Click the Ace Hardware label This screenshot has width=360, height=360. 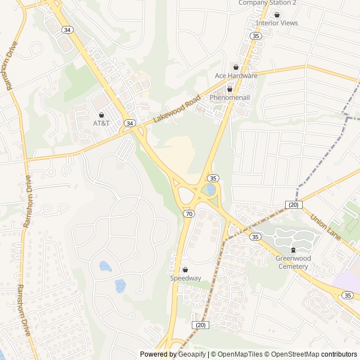(x=236, y=75)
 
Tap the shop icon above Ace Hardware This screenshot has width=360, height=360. (x=236, y=67)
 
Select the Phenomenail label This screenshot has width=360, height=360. (x=229, y=97)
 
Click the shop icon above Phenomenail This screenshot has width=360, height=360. (x=229, y=89)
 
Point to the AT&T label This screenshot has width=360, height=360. (x=102, y=123)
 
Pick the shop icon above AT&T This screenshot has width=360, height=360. (x=102, y=114)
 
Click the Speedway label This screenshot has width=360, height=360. (x=186, y=278)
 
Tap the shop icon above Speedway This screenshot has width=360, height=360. (x=186, y=269)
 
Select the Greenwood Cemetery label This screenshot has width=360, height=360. (x=292, y=262)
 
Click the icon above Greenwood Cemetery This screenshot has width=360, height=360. (x=292, y=250)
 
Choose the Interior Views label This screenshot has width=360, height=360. (x=277, y=23)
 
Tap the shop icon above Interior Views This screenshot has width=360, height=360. (x=277, y=15)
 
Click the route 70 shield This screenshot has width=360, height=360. (x=189, y=214)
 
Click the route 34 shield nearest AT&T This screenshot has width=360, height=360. (x=130, y=123)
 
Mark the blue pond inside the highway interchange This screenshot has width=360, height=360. (x=210, y=189)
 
